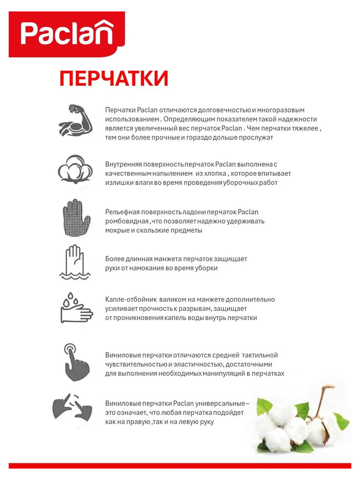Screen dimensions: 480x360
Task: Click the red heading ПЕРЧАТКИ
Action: (114, 79)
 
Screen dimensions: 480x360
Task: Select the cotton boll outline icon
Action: (75, 171)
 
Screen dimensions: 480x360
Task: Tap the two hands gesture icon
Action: (73, 409)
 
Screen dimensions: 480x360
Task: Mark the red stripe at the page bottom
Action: (180, 466)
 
